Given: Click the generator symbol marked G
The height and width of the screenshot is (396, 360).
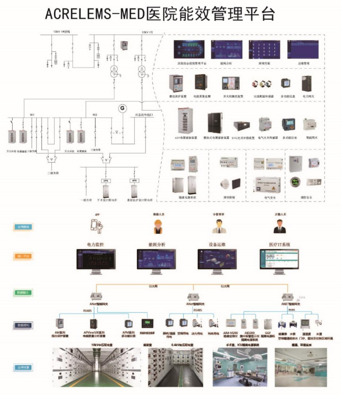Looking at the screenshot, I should pos(123,108).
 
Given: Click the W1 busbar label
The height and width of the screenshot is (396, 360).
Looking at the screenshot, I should pos(32,114).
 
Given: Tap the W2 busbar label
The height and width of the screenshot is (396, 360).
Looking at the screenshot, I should pos(95,114).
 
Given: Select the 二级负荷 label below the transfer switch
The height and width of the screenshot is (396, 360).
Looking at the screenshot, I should pos(50,172).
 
